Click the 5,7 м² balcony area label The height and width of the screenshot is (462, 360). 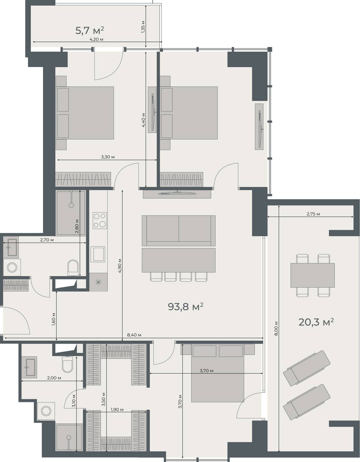click(89, 30)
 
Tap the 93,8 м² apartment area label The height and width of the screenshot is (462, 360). click(185, 307)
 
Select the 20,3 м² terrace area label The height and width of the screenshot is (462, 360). click(316, 322)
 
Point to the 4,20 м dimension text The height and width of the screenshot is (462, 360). click(96, 39)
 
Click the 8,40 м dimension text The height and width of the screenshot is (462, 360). click(134, 335)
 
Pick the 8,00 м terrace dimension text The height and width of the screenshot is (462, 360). click(276, 328)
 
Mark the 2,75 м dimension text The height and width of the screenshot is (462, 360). click(313, 214)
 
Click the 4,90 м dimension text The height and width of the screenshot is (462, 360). click(120, 265)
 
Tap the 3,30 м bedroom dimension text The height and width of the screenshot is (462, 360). click(108, 157)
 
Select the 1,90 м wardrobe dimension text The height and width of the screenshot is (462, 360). click(117, 409)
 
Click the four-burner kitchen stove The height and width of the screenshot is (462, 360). click(100, 220)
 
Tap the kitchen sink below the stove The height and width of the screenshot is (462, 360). click(98, 254)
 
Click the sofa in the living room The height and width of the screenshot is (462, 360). click(178, 230)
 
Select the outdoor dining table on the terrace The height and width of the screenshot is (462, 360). click(312, 275)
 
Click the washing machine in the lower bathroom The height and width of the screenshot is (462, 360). click(46, 411)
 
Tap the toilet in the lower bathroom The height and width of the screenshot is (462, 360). click(67, 364)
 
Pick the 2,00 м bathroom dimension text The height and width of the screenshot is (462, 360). click(54, 378)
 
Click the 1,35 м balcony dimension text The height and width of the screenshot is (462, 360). click(143, 27)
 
